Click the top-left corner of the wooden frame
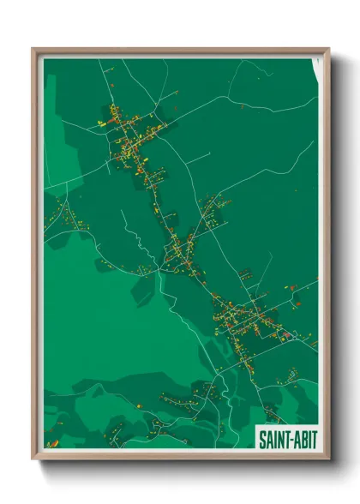[x=33, y=49]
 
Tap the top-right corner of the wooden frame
[x=328, y=49]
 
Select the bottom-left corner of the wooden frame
[x=33, y=459]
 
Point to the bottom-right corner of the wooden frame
[x=328, y=459]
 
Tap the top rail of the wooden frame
[x=180, y=51]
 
